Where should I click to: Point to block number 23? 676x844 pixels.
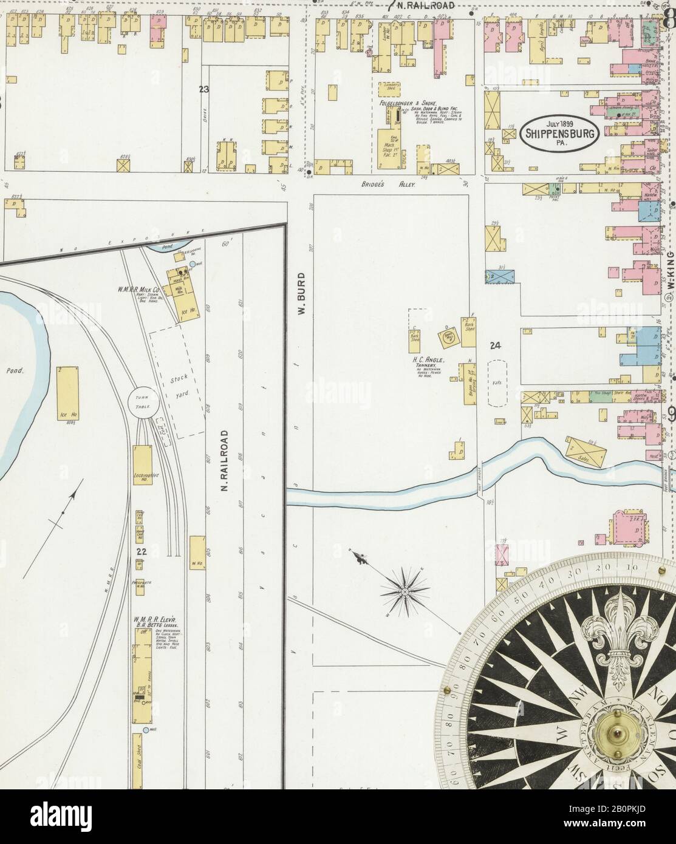coord(203,90)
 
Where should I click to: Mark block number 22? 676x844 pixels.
coord(141,552)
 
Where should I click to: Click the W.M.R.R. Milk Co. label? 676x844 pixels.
coord(138,290)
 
